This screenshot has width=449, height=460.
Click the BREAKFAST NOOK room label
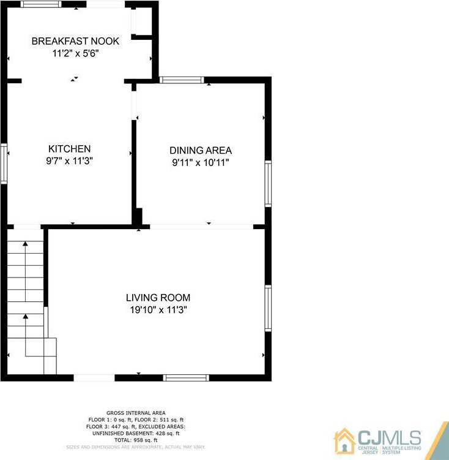coord(75,41)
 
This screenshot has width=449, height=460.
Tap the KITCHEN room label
coord(69,149)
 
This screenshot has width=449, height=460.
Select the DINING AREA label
coord(201,150)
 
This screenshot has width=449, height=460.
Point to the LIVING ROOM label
coord(158,298)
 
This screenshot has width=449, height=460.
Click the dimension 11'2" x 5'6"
coord(76,53)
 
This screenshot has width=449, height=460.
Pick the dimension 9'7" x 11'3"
coord(69,160)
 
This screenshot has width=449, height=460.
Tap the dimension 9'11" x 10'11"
coord(201,162)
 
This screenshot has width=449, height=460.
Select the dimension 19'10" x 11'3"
coord(158,309)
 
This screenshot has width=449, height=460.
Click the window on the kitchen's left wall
coord(4,164)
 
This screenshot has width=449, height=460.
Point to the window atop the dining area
coord(182,80)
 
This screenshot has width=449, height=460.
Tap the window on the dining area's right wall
coord(268,184)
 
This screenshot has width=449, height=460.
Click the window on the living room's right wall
coord(268,308)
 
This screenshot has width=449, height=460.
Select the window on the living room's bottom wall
coord(186,377)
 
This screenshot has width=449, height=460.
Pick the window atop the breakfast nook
coord(41,4)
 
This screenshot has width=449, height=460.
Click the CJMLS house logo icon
coord(345,441)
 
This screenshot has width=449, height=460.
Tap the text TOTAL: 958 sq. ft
coord(136,440)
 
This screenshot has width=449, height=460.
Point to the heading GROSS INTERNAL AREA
coord(136,413)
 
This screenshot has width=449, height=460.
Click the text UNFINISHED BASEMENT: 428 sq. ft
coord(136,433)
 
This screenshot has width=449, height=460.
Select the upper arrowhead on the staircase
coord(26,244)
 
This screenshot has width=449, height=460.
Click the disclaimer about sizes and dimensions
coord(136,447)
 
